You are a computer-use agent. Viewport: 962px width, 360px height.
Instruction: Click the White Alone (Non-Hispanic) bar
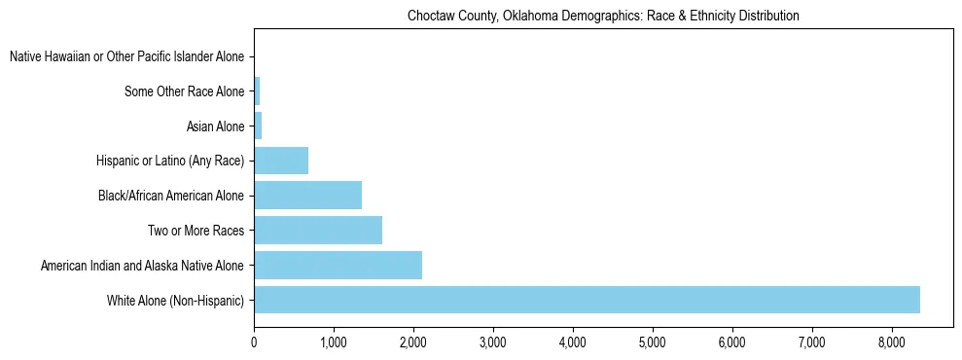(x=587, y=300)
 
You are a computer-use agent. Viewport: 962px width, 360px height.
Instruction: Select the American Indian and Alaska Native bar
(x=338, y=265)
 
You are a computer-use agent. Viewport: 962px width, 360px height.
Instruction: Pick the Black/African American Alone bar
(x=307, y=195)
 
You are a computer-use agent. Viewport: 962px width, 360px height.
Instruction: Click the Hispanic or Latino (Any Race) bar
(x=281, y=161)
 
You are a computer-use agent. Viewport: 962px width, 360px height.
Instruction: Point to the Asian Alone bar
(x=258, y=126)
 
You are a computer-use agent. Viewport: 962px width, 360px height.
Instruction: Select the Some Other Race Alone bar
(x=257, y=91)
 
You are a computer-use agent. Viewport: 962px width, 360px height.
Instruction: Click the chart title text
(x=603, y=16)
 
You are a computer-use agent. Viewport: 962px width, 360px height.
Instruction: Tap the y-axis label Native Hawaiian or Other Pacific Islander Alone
(x=127, y=57)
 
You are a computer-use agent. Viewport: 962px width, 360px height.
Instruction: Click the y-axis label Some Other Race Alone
(x=185, y=92)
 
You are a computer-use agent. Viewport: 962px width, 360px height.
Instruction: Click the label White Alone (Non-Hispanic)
(x=176, y=301)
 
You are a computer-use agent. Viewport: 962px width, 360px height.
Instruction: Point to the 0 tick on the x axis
(x=254, y=342)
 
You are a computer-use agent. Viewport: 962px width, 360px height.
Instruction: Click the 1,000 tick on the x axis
(x=334, y=342)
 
